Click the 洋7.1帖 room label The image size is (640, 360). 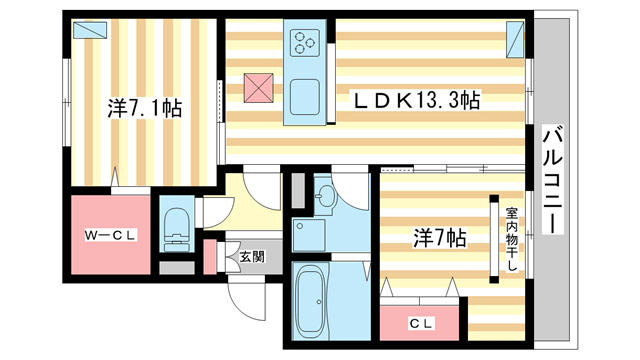click(x=144, y=108)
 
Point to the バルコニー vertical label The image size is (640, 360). click(x=550, y=180)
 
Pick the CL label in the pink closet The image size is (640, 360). click(x=421, y=323)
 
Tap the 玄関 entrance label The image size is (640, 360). click(x=252, y=256)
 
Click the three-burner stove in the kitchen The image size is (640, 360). click(x=304, y=43)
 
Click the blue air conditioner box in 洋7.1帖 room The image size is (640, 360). click(x=92, y=30)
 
